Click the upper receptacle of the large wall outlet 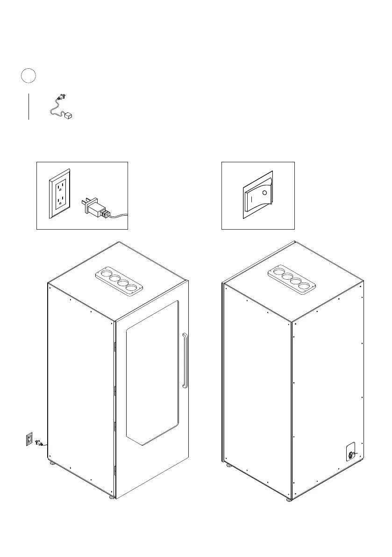coord(60,187)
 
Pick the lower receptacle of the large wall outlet coord(60,202)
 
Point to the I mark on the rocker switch coord(251,199)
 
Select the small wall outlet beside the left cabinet coord(29,439)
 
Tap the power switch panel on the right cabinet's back coord(350,452)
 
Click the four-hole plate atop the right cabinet coord(292,281)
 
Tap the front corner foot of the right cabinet coord(290,499)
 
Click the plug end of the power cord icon coord(60,97)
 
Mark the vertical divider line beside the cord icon coord(29,106)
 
